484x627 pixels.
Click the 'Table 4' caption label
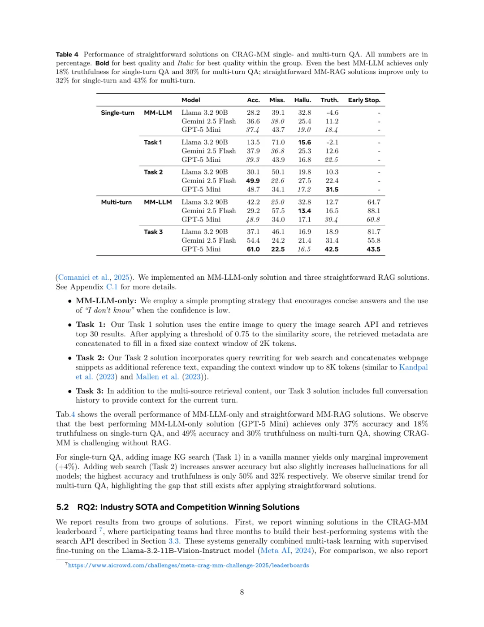click(67, 54)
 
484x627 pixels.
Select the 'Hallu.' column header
click(302, 100)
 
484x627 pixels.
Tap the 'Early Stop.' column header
click(364, 100)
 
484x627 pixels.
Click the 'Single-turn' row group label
click(117, 113)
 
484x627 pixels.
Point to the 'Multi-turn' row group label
click(117, 202)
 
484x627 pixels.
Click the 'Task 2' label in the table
click(153, 172)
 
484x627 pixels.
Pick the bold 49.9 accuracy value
click(253, 181)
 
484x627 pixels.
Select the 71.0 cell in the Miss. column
click(278, 142)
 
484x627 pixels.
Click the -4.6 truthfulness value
click(332, 113)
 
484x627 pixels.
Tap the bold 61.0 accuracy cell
click(253, 249)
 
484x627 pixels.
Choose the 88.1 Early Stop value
click(373, 211)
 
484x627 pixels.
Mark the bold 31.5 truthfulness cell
click(332, 190)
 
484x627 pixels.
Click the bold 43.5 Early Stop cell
click(373, 249)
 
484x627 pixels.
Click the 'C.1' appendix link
click(112, 287)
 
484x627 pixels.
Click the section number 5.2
click(62, 507)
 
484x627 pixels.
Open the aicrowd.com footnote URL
click(188, 566)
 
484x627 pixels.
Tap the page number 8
click(242, 592)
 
